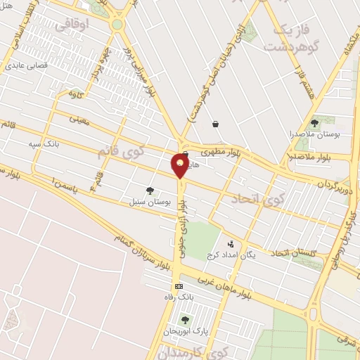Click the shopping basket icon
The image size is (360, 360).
[x=215, y=124]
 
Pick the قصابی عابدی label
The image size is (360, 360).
[x=25, y=66]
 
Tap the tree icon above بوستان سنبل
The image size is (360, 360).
[x=149, y=190]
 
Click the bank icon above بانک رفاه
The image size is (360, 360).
[x=179, y=286]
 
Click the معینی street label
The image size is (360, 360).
[x=79, y=120]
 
